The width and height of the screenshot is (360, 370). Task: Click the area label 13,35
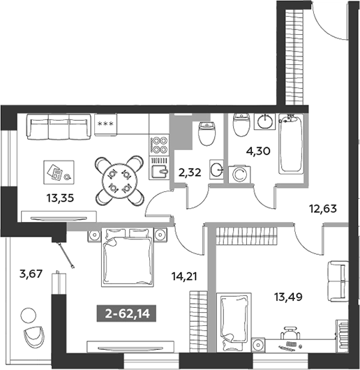point(60,198)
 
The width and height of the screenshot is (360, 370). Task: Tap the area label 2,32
point(190,173)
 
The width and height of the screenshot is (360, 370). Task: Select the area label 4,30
point(258,151)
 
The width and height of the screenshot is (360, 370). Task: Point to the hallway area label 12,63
point(323,209)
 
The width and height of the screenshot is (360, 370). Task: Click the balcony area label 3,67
point(31,274)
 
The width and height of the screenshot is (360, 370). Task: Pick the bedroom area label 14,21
point(184,276)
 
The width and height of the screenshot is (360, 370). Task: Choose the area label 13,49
point(288,297)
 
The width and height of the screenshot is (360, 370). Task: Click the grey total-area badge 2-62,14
point(126,314)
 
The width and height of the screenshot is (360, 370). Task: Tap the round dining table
point(119,181)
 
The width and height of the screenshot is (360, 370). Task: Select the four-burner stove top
point(159,145)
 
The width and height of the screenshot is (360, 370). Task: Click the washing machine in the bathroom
point(239,174)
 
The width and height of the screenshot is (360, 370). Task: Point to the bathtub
point(291,144)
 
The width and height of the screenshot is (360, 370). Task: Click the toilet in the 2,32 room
point(207,133)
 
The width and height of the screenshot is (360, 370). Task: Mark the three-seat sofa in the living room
point(59,127)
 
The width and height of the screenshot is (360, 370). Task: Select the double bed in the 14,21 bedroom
point(128,257)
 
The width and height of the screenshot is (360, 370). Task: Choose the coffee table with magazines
point(59,172)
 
